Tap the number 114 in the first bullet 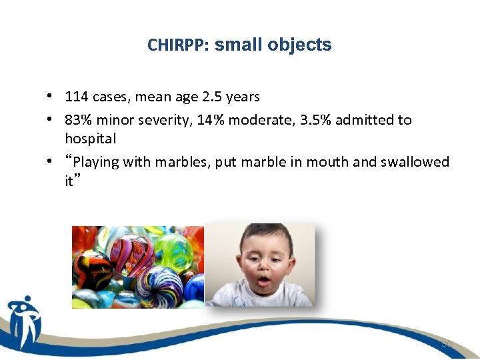click(77, 97)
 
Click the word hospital click(90, 139)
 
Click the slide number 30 click(446, 343)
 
